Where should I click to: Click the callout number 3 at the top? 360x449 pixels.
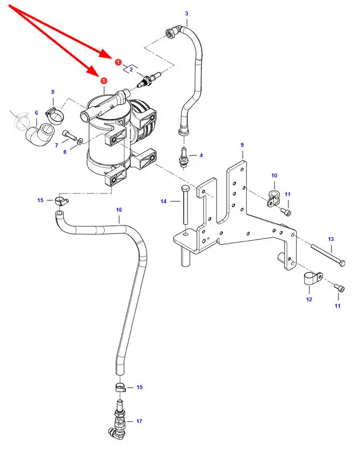(186, 13)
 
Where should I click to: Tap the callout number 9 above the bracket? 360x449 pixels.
(242, 145)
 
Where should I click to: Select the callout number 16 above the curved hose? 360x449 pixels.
(119, 210)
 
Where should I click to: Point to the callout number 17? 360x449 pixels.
(139, 421)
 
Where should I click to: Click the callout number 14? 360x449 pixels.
(163, 201)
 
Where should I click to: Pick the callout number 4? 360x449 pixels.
(200, 155)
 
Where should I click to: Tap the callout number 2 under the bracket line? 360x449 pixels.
(131, 69)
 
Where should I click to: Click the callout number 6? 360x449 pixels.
(36, 113)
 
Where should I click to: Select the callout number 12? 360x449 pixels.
(309, 299)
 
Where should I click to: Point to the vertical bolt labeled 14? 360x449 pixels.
(183, 208)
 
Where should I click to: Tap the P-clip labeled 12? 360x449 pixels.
(312, 279)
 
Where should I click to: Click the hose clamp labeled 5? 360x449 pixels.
(56, 114)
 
